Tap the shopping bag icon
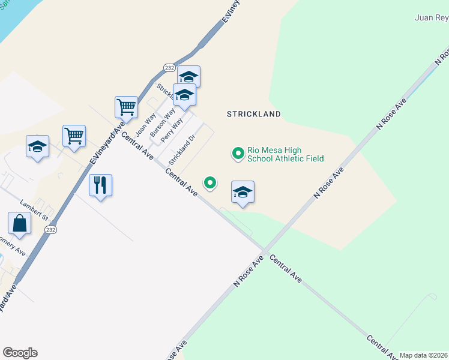[x=19, y=224]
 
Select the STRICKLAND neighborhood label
[x=254, y=113]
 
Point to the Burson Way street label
[x=162, y=122]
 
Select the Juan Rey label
[x=431, y=17]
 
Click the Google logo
[x=20, y=353]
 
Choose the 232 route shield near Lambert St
[x=51, y=230]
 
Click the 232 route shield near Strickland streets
[x=170, y=68]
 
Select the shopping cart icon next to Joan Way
[x=126, y=107]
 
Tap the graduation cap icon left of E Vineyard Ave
[x=37, y=146]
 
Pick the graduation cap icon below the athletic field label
[x=243, y=192]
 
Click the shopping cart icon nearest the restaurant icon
[x=74, y=136]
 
